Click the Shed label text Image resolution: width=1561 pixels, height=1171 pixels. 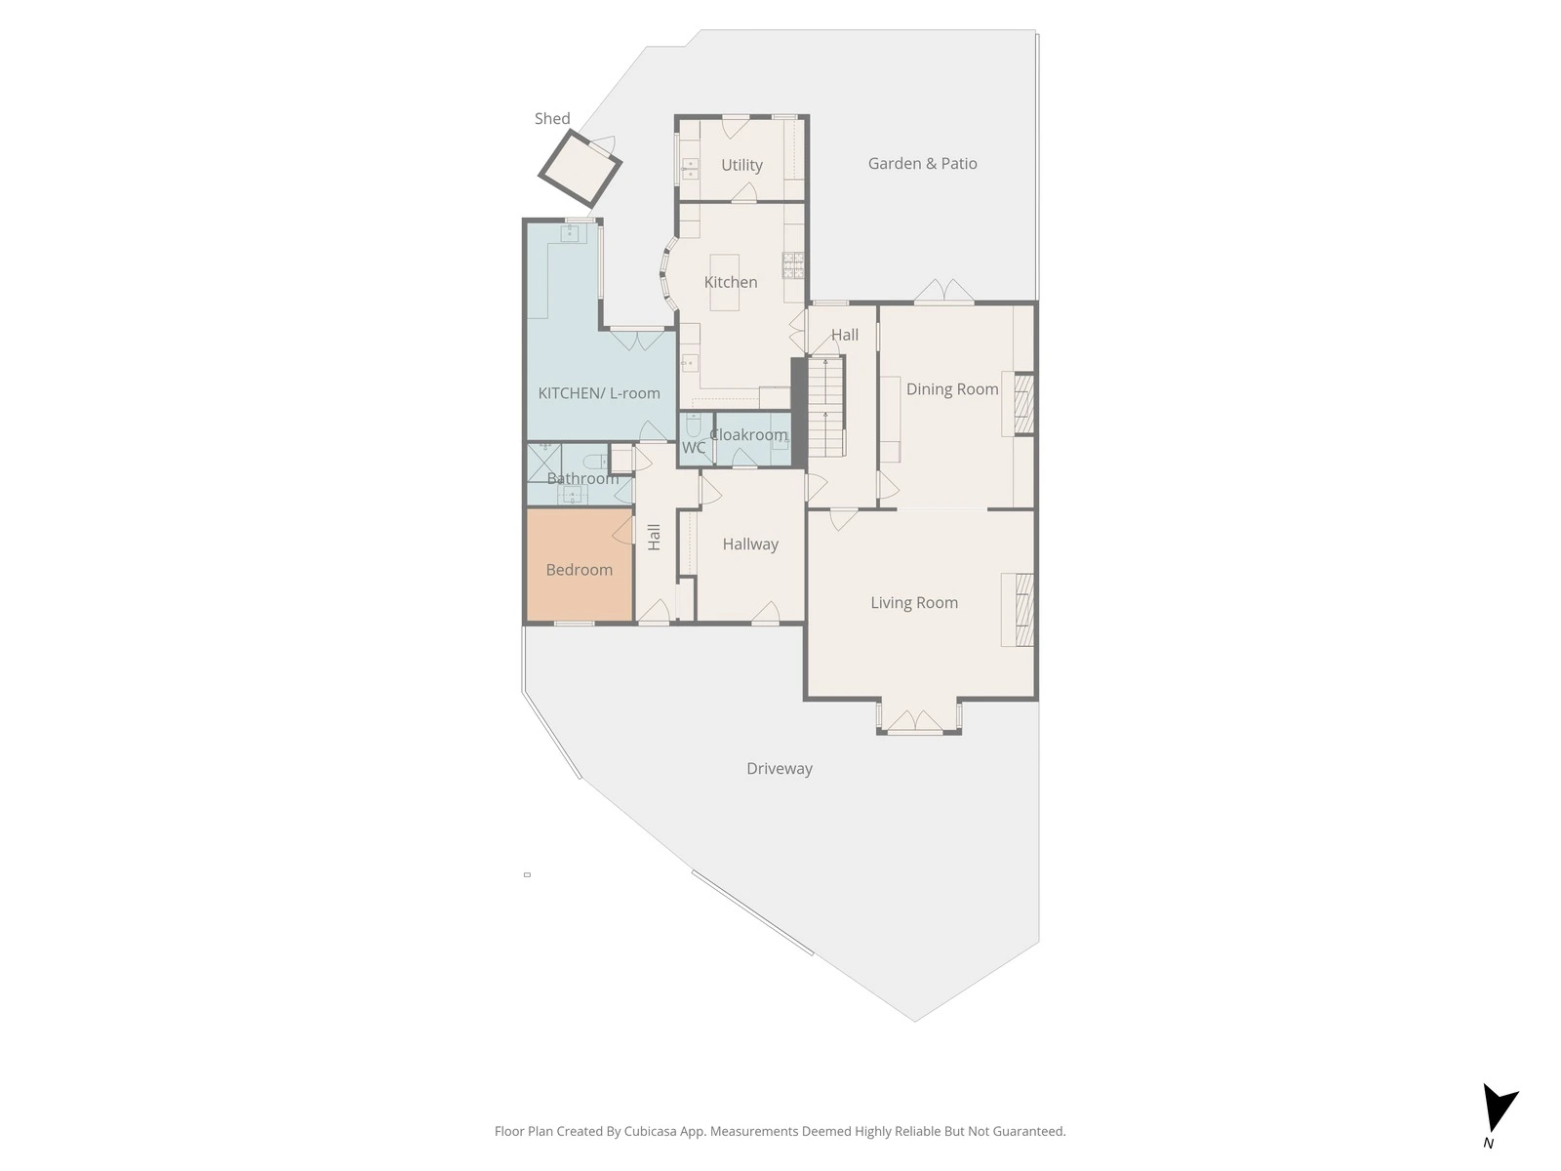point(552,119)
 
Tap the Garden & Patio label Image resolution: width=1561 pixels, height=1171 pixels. point(922,164)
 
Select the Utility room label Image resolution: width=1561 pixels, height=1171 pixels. point(741,165)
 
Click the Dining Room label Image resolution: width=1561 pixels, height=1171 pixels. point(952,389)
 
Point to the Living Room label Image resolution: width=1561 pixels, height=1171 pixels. point(914,603)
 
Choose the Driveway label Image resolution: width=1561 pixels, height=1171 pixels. point(780,769)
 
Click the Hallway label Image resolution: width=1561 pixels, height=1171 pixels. point(750,545)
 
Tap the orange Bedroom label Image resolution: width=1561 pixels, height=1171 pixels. point(579,570)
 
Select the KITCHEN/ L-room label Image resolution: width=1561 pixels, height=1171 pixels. point(599,393)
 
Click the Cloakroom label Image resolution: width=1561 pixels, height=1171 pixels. point(749,434)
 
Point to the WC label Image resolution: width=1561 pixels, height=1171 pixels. point(694,447)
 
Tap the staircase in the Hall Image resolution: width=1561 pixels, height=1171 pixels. point(825,407)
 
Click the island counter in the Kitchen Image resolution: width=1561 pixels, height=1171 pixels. point(724,282)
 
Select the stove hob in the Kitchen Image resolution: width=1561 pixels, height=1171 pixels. point(793,264)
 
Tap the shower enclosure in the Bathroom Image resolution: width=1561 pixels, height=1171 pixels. point(544,463)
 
